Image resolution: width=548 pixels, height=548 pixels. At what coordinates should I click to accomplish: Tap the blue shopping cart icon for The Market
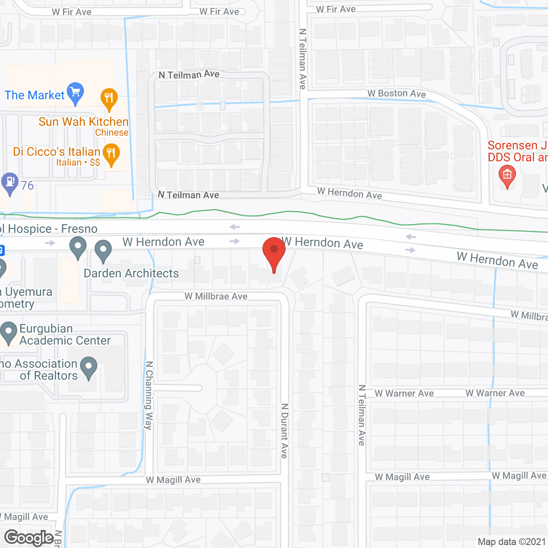click(x=75, y=92)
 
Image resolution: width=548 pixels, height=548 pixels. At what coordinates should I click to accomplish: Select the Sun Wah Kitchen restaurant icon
click(x=109, y=98)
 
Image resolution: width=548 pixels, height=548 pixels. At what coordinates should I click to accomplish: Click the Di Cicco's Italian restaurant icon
click(x=111, y=154)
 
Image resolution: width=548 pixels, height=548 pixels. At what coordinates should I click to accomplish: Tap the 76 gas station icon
click(x=10, y=183)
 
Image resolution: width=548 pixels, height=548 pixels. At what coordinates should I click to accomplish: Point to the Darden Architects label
click(x=131, y=274)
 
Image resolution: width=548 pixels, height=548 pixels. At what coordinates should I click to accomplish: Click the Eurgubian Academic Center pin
click(x=8, y=332)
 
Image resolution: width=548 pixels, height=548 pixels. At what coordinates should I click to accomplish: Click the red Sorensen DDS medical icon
click(x=507, y=176)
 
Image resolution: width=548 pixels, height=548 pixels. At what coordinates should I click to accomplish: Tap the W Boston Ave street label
click(x=396, y=93)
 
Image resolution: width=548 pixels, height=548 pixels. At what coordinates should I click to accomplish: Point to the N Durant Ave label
click(x=284, y=431)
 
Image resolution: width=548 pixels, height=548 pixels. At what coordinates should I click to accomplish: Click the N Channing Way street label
click(x=149, y=395)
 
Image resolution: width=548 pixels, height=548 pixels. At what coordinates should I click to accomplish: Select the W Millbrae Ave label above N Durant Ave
click(x=216, y=296)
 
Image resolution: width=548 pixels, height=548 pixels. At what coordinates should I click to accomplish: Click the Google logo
click(x=29, y=538)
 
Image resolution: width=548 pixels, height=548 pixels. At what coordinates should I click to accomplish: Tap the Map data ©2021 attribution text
click(x=512, y=542)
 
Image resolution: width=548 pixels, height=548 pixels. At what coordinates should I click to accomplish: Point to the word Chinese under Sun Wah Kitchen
click(x=112, y=133)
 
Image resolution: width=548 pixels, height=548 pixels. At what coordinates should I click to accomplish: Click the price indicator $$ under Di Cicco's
click(x=95, y=163)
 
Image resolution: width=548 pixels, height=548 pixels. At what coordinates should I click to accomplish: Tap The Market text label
click(x=34, y=95)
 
